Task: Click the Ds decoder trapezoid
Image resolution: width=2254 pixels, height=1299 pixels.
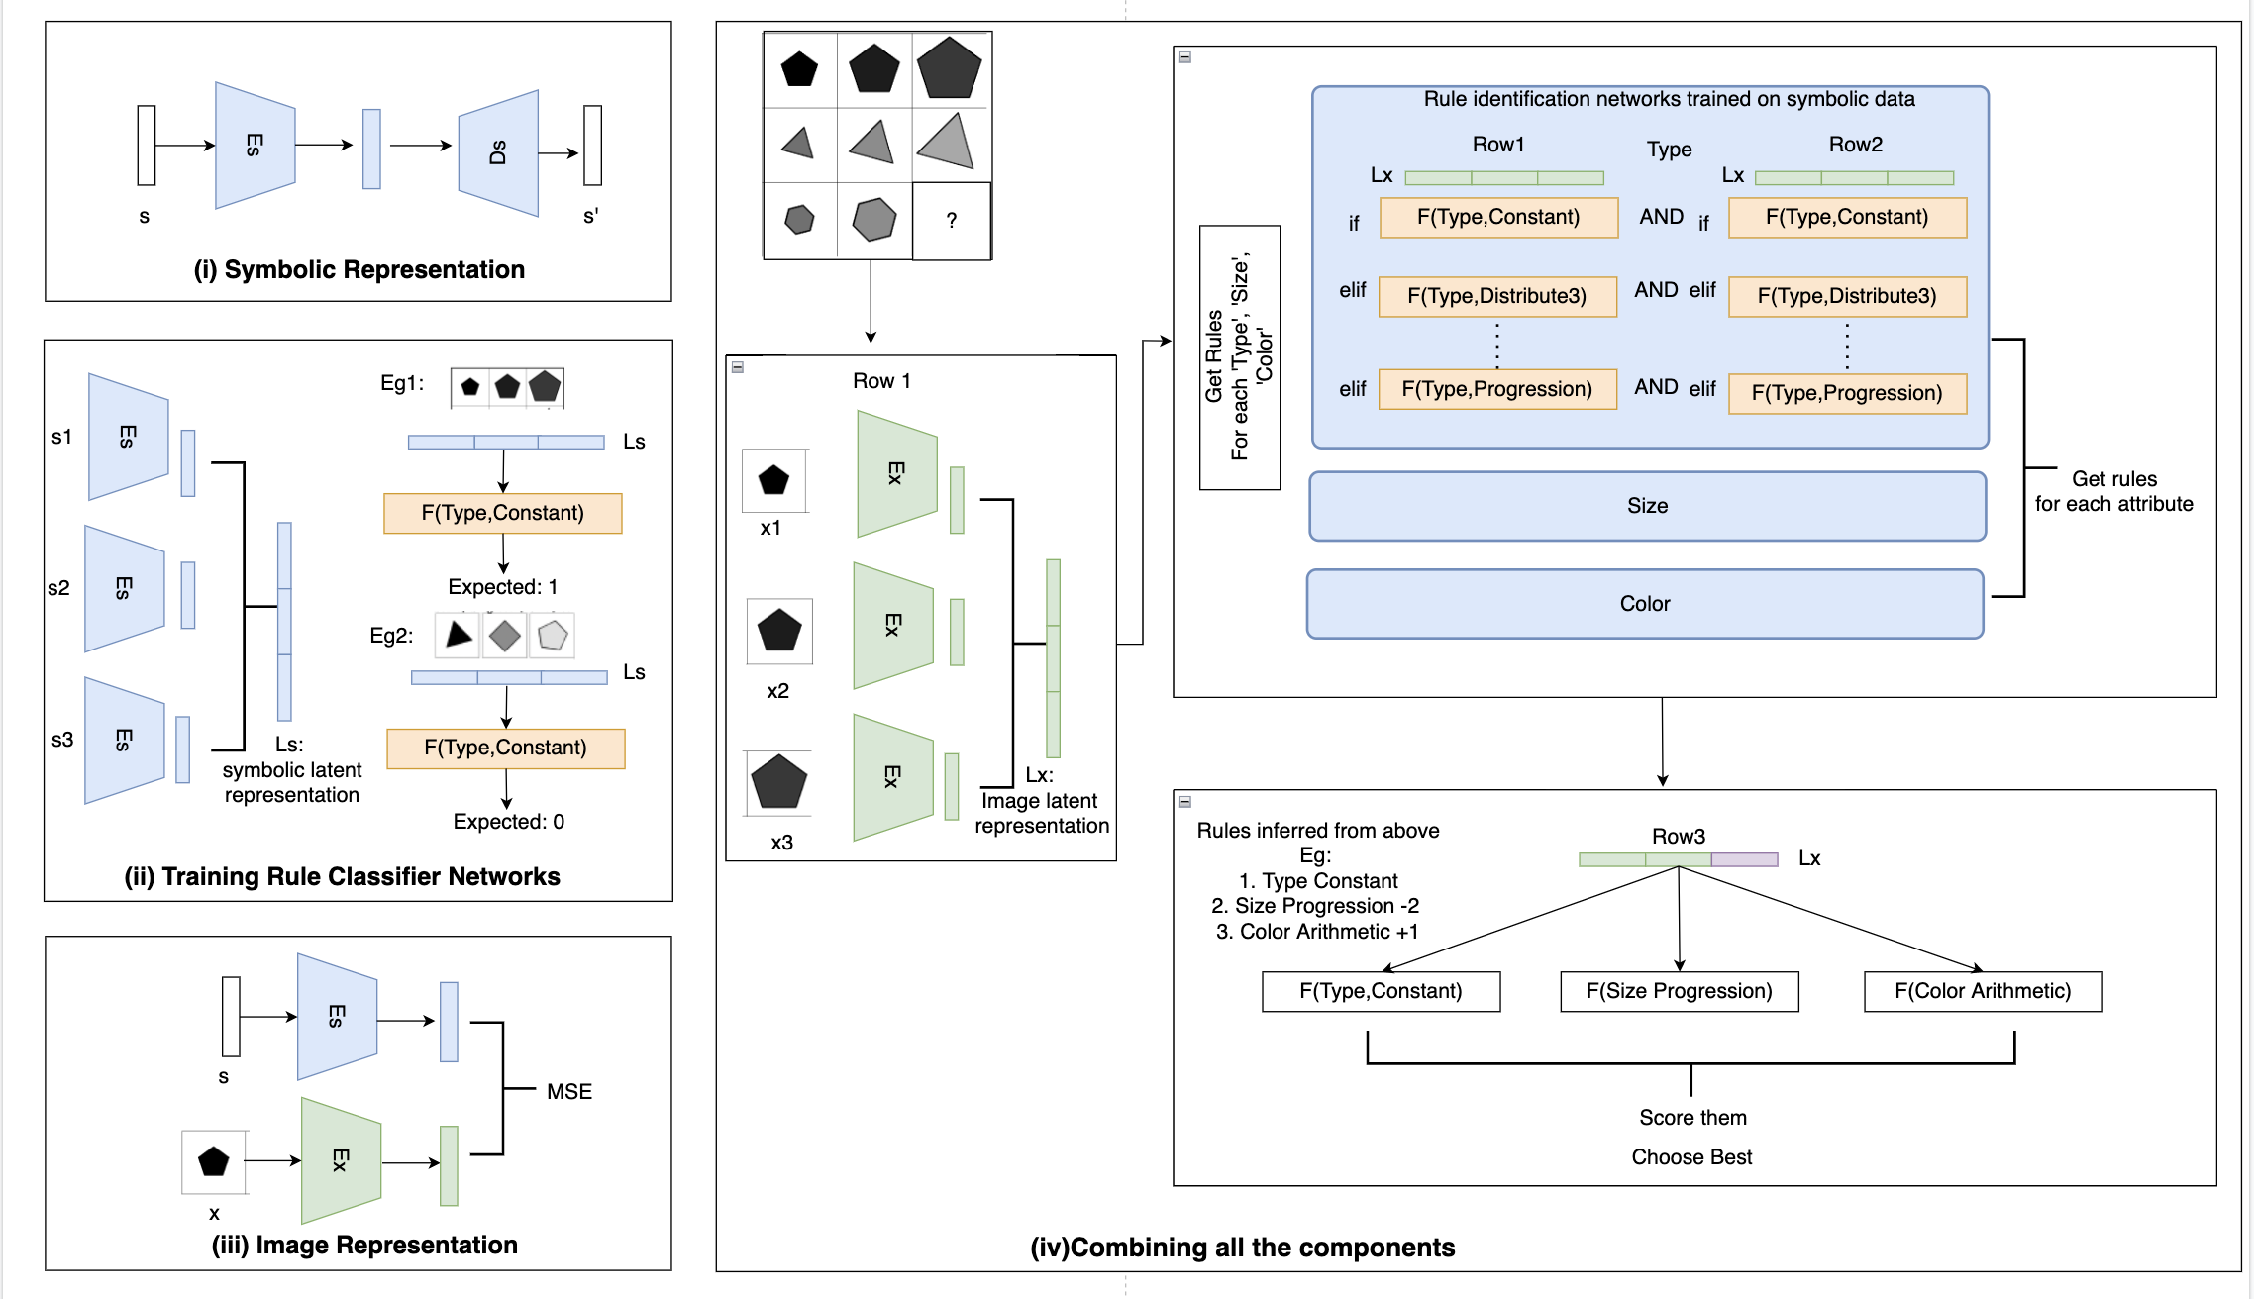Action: click(x=498, y=153)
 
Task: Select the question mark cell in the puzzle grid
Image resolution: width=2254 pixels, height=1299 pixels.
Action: click(x=952, y=221)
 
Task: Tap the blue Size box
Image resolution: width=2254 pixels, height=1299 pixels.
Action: click(x=1647, y=506)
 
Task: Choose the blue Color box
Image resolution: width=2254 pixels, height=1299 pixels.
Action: click(x=1645, y=604)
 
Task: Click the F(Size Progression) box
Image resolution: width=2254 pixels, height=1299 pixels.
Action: click(x=1679, y=991)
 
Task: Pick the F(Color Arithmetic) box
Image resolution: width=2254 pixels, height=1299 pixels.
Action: click(x=1983, y=991)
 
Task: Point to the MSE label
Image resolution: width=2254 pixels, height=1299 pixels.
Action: click(x=569, y=1092)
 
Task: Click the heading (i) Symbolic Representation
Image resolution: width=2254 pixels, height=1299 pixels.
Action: click(x=359, y=270)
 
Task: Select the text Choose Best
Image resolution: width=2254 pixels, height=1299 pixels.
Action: click(x=1691, y=1157)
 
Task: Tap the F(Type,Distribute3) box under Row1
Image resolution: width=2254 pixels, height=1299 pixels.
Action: click(x=1497, y=296)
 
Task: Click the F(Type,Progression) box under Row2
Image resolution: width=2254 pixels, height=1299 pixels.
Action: click(x=1847, y=393)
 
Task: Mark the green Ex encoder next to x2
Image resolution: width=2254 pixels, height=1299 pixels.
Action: click(x=893, y=625)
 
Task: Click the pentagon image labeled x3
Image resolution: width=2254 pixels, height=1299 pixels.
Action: click(x=779, y=782)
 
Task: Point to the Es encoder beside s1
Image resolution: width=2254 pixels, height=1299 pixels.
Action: click(x=128, y=437)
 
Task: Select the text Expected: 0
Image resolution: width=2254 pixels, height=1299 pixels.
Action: click(x=508, y=822)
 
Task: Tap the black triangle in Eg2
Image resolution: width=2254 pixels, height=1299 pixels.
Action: click(x=458, y=635)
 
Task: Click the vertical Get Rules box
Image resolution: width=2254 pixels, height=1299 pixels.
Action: click(x=1239, y=357)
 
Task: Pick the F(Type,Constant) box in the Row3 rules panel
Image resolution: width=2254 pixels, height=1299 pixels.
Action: click(x=1381, y=991)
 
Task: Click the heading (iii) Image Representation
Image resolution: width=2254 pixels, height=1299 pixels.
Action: click(x=364, y=1246)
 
